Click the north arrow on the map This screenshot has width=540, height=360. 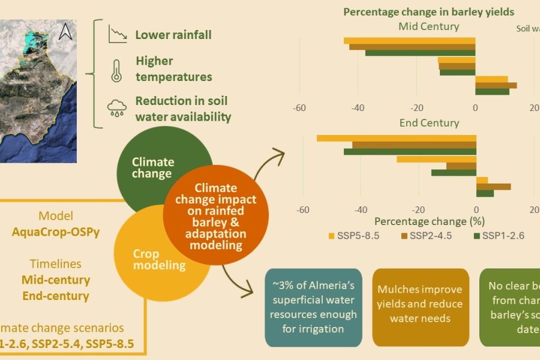(x=65, y=31)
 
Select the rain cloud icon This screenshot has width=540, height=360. (x=116, y=108)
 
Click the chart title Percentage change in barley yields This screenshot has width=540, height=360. (x=428, y=12)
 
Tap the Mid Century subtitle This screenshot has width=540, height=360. (x=428, y=26)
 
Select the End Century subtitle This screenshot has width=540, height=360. (x=428, y=123)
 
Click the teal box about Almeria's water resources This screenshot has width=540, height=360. (x=313, y=307)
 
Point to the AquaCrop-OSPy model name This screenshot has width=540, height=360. (x=56, y=232)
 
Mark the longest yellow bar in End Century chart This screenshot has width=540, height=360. (x=396, y=138)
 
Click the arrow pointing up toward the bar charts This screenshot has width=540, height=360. (x=273, y=162)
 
